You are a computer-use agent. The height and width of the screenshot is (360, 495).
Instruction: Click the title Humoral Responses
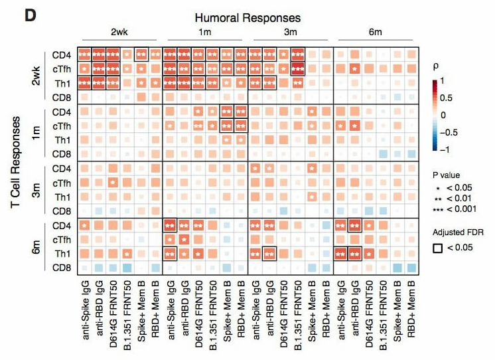click(247, 18)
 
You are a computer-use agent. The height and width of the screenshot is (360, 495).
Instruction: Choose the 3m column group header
click(291, 32)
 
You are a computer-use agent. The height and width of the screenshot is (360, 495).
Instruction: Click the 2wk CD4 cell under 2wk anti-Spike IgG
click(85, 54)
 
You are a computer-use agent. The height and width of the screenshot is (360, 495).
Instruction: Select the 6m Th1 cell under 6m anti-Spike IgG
click(341, 253)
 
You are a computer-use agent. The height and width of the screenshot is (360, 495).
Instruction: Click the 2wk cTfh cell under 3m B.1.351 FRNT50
click(299, 68)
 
